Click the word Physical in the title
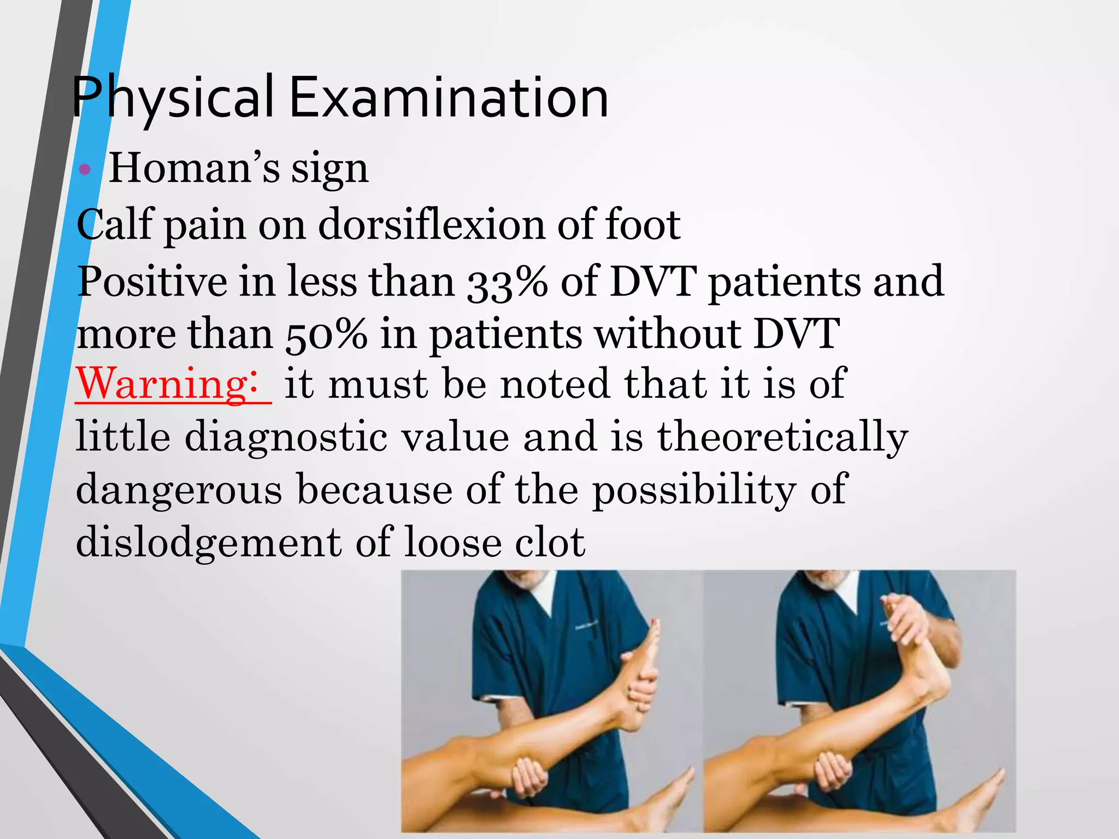click(172, 98)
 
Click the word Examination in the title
click(448, 98)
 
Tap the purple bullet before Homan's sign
click(85, 169)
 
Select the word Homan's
click(195, 168)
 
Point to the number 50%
click(326, 335)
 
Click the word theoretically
click(782, 437)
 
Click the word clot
click(550, 542)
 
